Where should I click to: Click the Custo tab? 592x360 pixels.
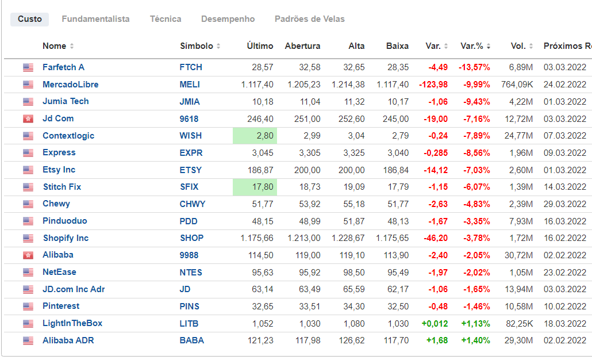(30, 19)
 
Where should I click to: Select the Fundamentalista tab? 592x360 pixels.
(95, 19)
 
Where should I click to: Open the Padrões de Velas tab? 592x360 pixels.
(309, 19)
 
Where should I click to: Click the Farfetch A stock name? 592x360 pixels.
(63, 67)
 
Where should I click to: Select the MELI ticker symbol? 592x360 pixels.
(190, 85)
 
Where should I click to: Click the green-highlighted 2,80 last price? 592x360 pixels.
(255, 136)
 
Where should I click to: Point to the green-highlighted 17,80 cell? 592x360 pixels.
(255, 187)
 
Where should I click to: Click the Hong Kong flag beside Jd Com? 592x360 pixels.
(28, 119)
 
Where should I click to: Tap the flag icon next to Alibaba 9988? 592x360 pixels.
(28, 255)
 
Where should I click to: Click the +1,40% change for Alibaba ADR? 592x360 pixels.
(475, 340)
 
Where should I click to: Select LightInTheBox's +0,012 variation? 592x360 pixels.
(435, 323)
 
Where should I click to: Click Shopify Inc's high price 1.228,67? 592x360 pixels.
(348, 238)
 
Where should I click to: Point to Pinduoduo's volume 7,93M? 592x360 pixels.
(521, 221)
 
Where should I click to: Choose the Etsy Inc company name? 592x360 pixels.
(59, 170)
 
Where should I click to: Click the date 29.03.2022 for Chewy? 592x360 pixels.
(564, 204)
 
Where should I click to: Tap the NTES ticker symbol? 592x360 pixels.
(191, 272)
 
